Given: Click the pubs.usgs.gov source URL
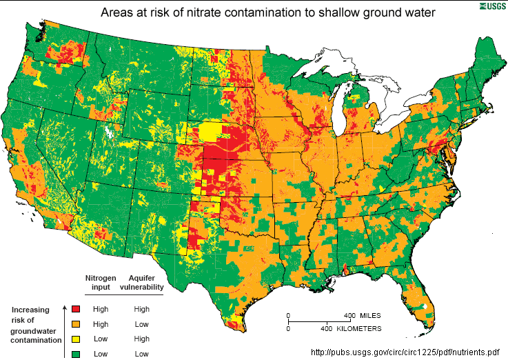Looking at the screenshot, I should [405, 352].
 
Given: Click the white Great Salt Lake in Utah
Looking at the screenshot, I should [111, 130].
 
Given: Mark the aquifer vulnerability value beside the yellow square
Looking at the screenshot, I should [141, 339].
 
